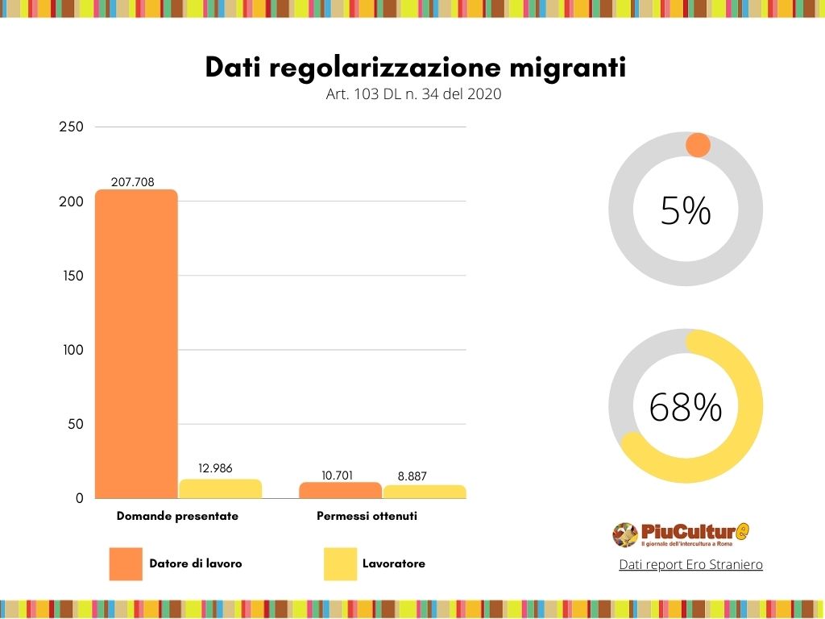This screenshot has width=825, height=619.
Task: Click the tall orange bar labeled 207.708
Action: tap(136, 344)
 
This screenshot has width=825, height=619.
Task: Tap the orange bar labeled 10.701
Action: tap(340, 490)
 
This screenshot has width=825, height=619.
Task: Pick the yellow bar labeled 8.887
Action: tap(425, 491)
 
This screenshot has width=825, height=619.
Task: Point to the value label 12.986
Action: tap(214, 468)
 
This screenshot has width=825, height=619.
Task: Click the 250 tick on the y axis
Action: tap(71, 127)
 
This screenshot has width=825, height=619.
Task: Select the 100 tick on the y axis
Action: tap(71, 350)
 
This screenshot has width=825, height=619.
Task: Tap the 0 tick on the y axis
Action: tap(79, 499)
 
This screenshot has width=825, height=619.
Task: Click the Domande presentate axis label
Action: tap(177, 516)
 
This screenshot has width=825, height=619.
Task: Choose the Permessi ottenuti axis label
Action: tap(367, 516)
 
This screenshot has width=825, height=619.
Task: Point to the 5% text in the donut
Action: tap(686, 211)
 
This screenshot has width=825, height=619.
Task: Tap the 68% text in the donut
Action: tap(686, 407)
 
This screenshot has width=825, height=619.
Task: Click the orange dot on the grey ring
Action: tap(698, 146)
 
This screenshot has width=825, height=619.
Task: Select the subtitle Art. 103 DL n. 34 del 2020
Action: tap(413, 94)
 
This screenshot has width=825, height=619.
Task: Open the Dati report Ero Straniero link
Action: tap(690, 565)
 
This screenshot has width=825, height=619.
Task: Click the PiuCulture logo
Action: tap(681, 534)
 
